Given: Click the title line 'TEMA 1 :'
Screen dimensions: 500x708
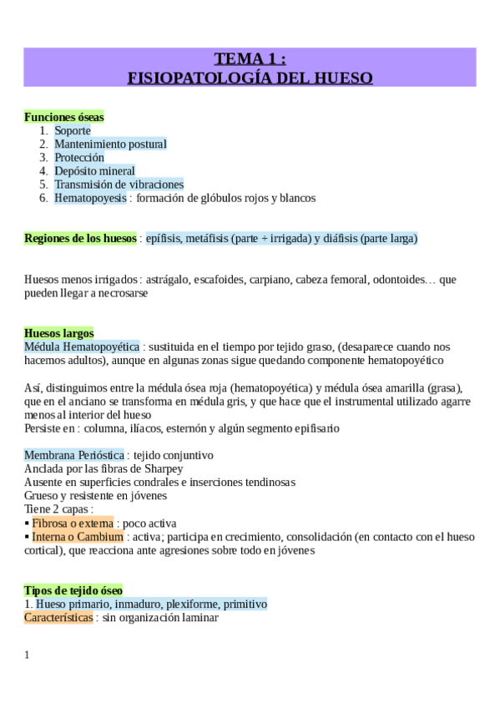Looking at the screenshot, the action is [x=250, y=58].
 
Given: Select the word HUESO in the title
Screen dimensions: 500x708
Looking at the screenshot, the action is [x=342, y=78].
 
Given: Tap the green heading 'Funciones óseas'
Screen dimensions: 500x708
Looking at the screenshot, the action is [x=64, y=118].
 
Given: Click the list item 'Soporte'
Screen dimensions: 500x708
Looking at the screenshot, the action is [x=73, y=130].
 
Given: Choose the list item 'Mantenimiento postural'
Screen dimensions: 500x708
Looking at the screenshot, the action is [x=110, y=144].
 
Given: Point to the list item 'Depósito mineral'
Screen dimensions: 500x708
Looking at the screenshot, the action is [x=94, y=171].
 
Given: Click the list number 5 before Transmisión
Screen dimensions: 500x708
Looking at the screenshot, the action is [x=43, y=185].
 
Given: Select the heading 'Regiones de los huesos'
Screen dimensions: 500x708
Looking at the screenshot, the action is [x=80, y=239].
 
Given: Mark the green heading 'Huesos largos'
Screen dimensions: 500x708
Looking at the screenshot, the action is [x=59, y=333].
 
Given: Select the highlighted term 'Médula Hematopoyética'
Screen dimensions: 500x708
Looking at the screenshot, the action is [x=82, y=346].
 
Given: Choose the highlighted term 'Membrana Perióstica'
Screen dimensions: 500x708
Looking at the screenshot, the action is [x=75, y=455].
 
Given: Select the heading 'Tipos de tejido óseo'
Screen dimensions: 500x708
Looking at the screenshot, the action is [x=73, y=590].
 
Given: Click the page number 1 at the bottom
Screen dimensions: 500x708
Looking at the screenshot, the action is [x=27, y=655].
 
